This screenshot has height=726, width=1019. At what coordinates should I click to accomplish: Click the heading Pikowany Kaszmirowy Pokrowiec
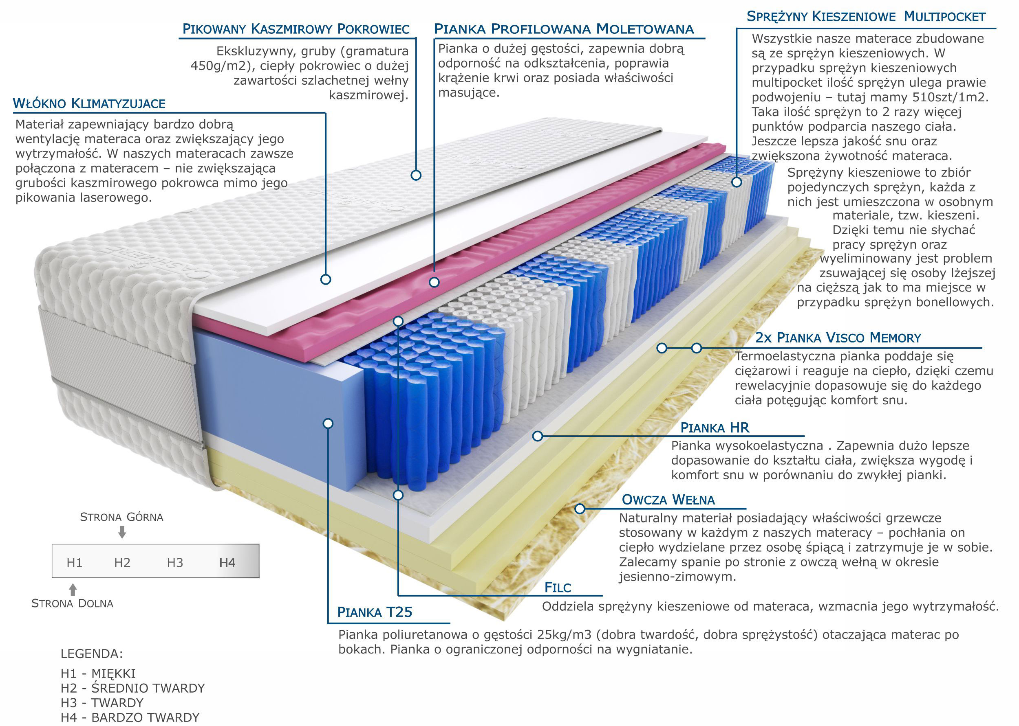(x=296, y=29)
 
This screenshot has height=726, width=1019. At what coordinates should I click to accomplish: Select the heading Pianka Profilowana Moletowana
(x=563, y=29)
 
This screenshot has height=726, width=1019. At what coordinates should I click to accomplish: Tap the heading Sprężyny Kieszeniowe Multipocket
(x=866, y=17)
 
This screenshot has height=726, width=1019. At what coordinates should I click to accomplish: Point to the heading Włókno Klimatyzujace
(x=89, y=104)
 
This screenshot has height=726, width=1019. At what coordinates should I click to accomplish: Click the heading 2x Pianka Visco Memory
(x=838, y=338)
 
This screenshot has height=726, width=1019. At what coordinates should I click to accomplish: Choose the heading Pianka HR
(x=714, y=428)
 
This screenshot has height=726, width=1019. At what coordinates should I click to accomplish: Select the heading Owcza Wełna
(x=668, y=500)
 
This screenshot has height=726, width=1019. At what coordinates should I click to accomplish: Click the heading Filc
(x=558, y=588)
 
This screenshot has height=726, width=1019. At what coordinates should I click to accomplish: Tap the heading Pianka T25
(x=375, y=612)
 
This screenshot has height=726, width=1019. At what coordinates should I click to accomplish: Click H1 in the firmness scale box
(x=74, y=562)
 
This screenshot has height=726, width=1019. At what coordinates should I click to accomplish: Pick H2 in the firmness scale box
(x=122, y=562)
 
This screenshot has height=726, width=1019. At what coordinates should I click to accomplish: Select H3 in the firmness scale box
(x=175, y=562)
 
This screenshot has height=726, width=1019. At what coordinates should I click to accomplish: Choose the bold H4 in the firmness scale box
(x=227, y=562)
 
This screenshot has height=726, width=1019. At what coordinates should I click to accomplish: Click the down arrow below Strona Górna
(x=122, y=532)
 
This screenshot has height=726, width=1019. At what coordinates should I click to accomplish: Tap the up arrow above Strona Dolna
(x=73, y=589)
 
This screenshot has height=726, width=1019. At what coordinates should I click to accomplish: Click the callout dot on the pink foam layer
(x=434, y=282)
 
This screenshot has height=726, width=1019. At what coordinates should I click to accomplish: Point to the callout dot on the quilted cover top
(x=416, y=175)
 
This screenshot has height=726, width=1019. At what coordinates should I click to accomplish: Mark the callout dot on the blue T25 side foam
(x=328, y=423)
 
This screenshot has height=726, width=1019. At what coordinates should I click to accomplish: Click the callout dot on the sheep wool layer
(x=580, y=508)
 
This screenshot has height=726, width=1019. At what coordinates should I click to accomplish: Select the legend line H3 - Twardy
(x=102, y=703)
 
